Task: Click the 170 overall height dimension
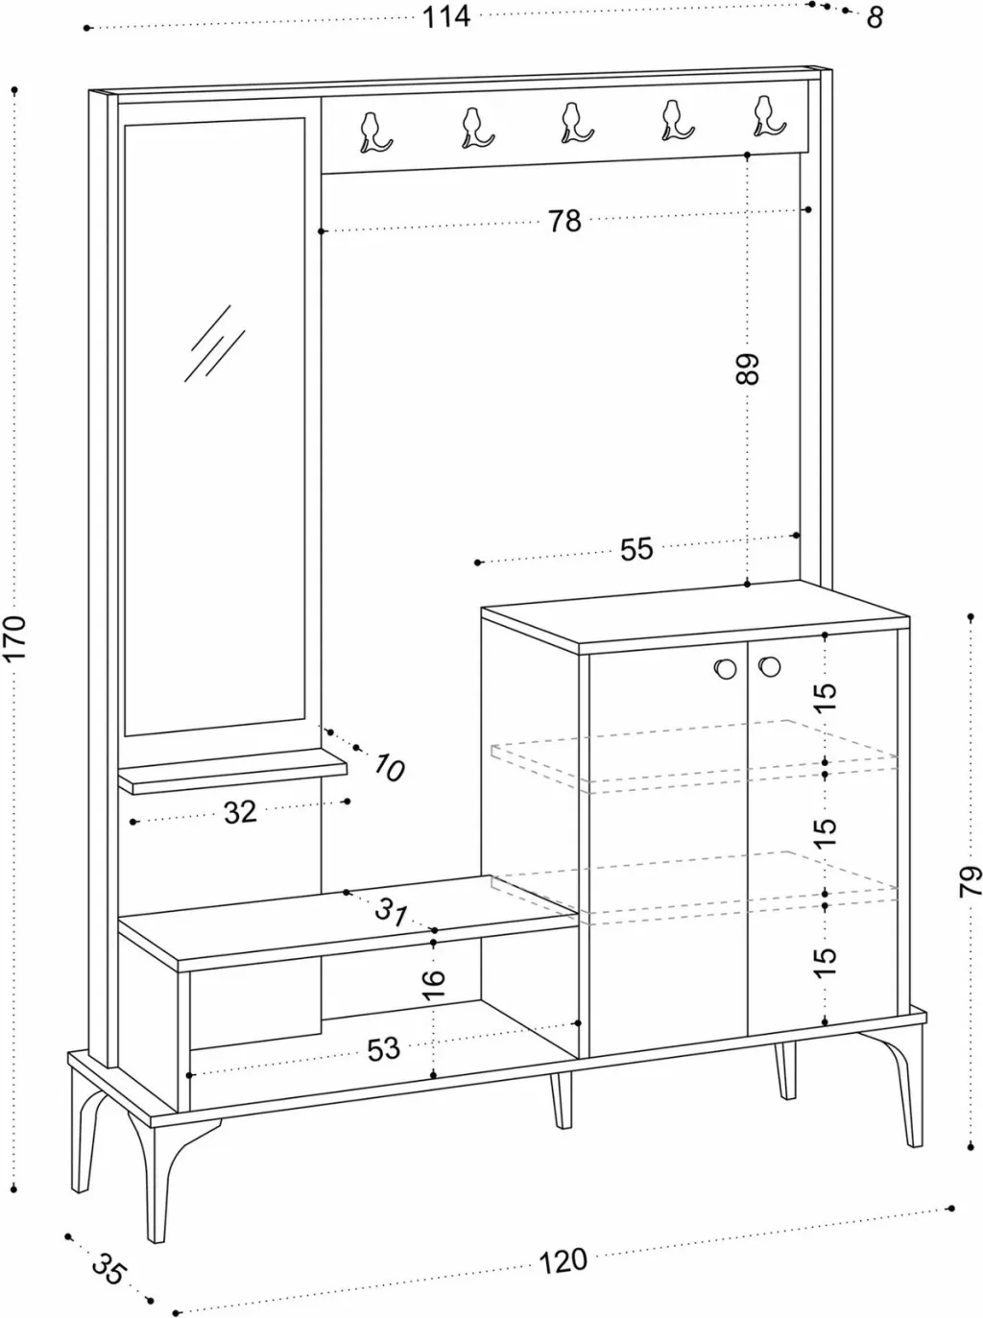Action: [x=14, y=637]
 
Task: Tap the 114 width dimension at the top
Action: [x=446, y=17]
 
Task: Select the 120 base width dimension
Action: [x=563, y=1261]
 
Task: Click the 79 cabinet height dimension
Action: [x=970, y=881]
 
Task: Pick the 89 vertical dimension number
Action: [x=748, y=370]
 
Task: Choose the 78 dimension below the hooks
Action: [x=565, y=221]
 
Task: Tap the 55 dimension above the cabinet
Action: [x=635, y=549]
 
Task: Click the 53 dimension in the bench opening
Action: [x=383, y=1049]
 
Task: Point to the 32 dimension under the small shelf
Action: [x=240, y=812]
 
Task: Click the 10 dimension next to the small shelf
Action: [x=389, y=767]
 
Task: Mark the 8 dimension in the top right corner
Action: [x=875, y=18]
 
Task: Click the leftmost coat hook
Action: [x=374, y=132]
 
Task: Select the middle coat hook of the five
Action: [x=575, y=123]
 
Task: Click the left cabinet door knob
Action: [x=726, y=668]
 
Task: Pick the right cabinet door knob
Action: [x=769, y=666]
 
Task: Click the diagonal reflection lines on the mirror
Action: [x=214, y=343]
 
